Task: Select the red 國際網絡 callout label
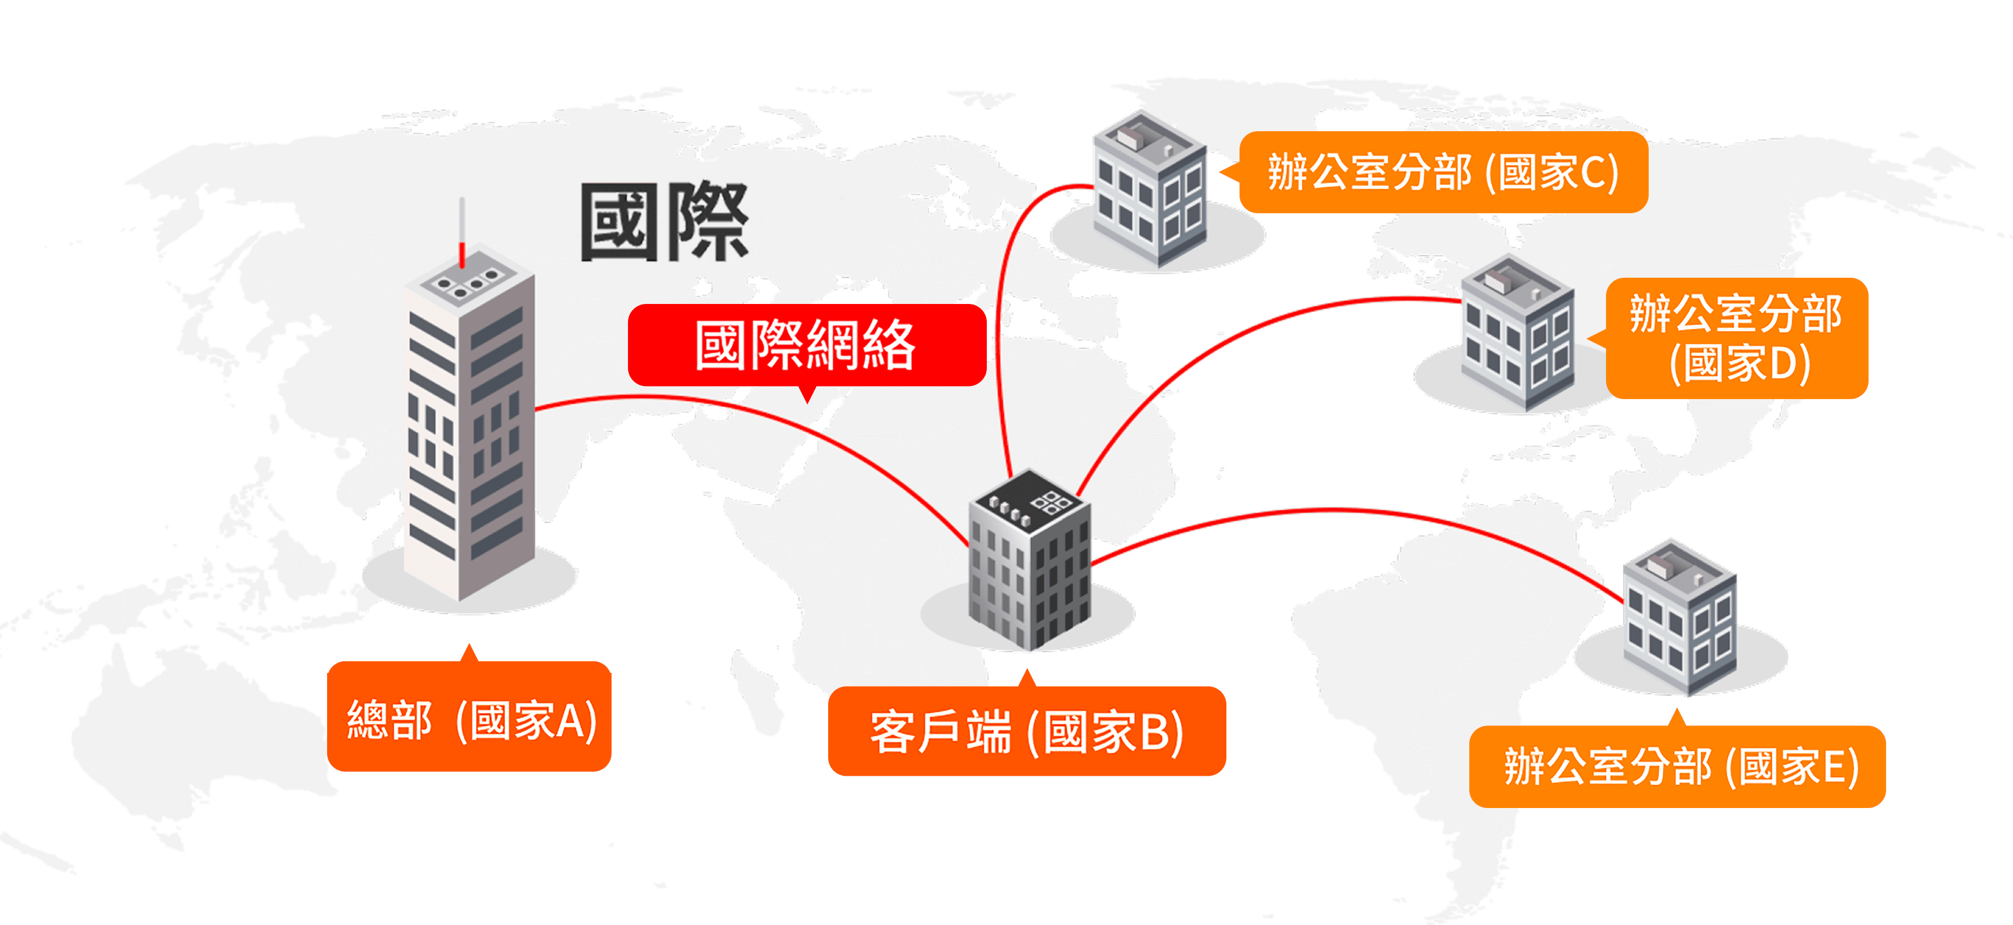(806, 344)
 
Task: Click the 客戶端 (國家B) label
(1026, 732)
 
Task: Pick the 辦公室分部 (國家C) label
(1442, 172)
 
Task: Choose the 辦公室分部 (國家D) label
(1736, 337)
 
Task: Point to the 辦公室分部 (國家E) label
(1678, 766)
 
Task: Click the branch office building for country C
(1149, 191)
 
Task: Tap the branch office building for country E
(1680, 617)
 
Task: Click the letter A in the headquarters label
(573, 719)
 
